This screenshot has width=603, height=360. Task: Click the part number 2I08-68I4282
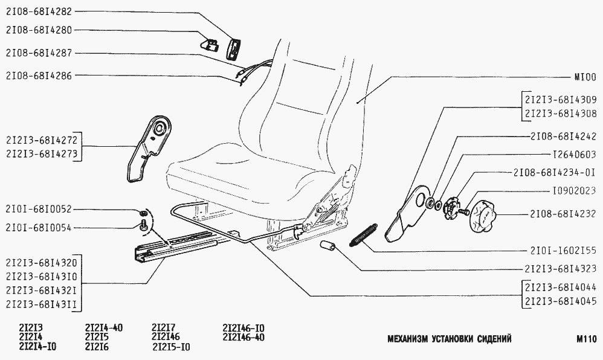click(40, 12)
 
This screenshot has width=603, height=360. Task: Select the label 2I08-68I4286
click(40, 76)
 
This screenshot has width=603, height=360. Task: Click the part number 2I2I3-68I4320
click(40, 264)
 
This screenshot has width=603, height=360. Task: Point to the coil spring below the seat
click(363, 235)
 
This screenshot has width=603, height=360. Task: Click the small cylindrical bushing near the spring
click(329, 248)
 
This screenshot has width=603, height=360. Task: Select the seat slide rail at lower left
click(175, 249)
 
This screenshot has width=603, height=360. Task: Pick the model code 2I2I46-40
click(244, 338)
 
